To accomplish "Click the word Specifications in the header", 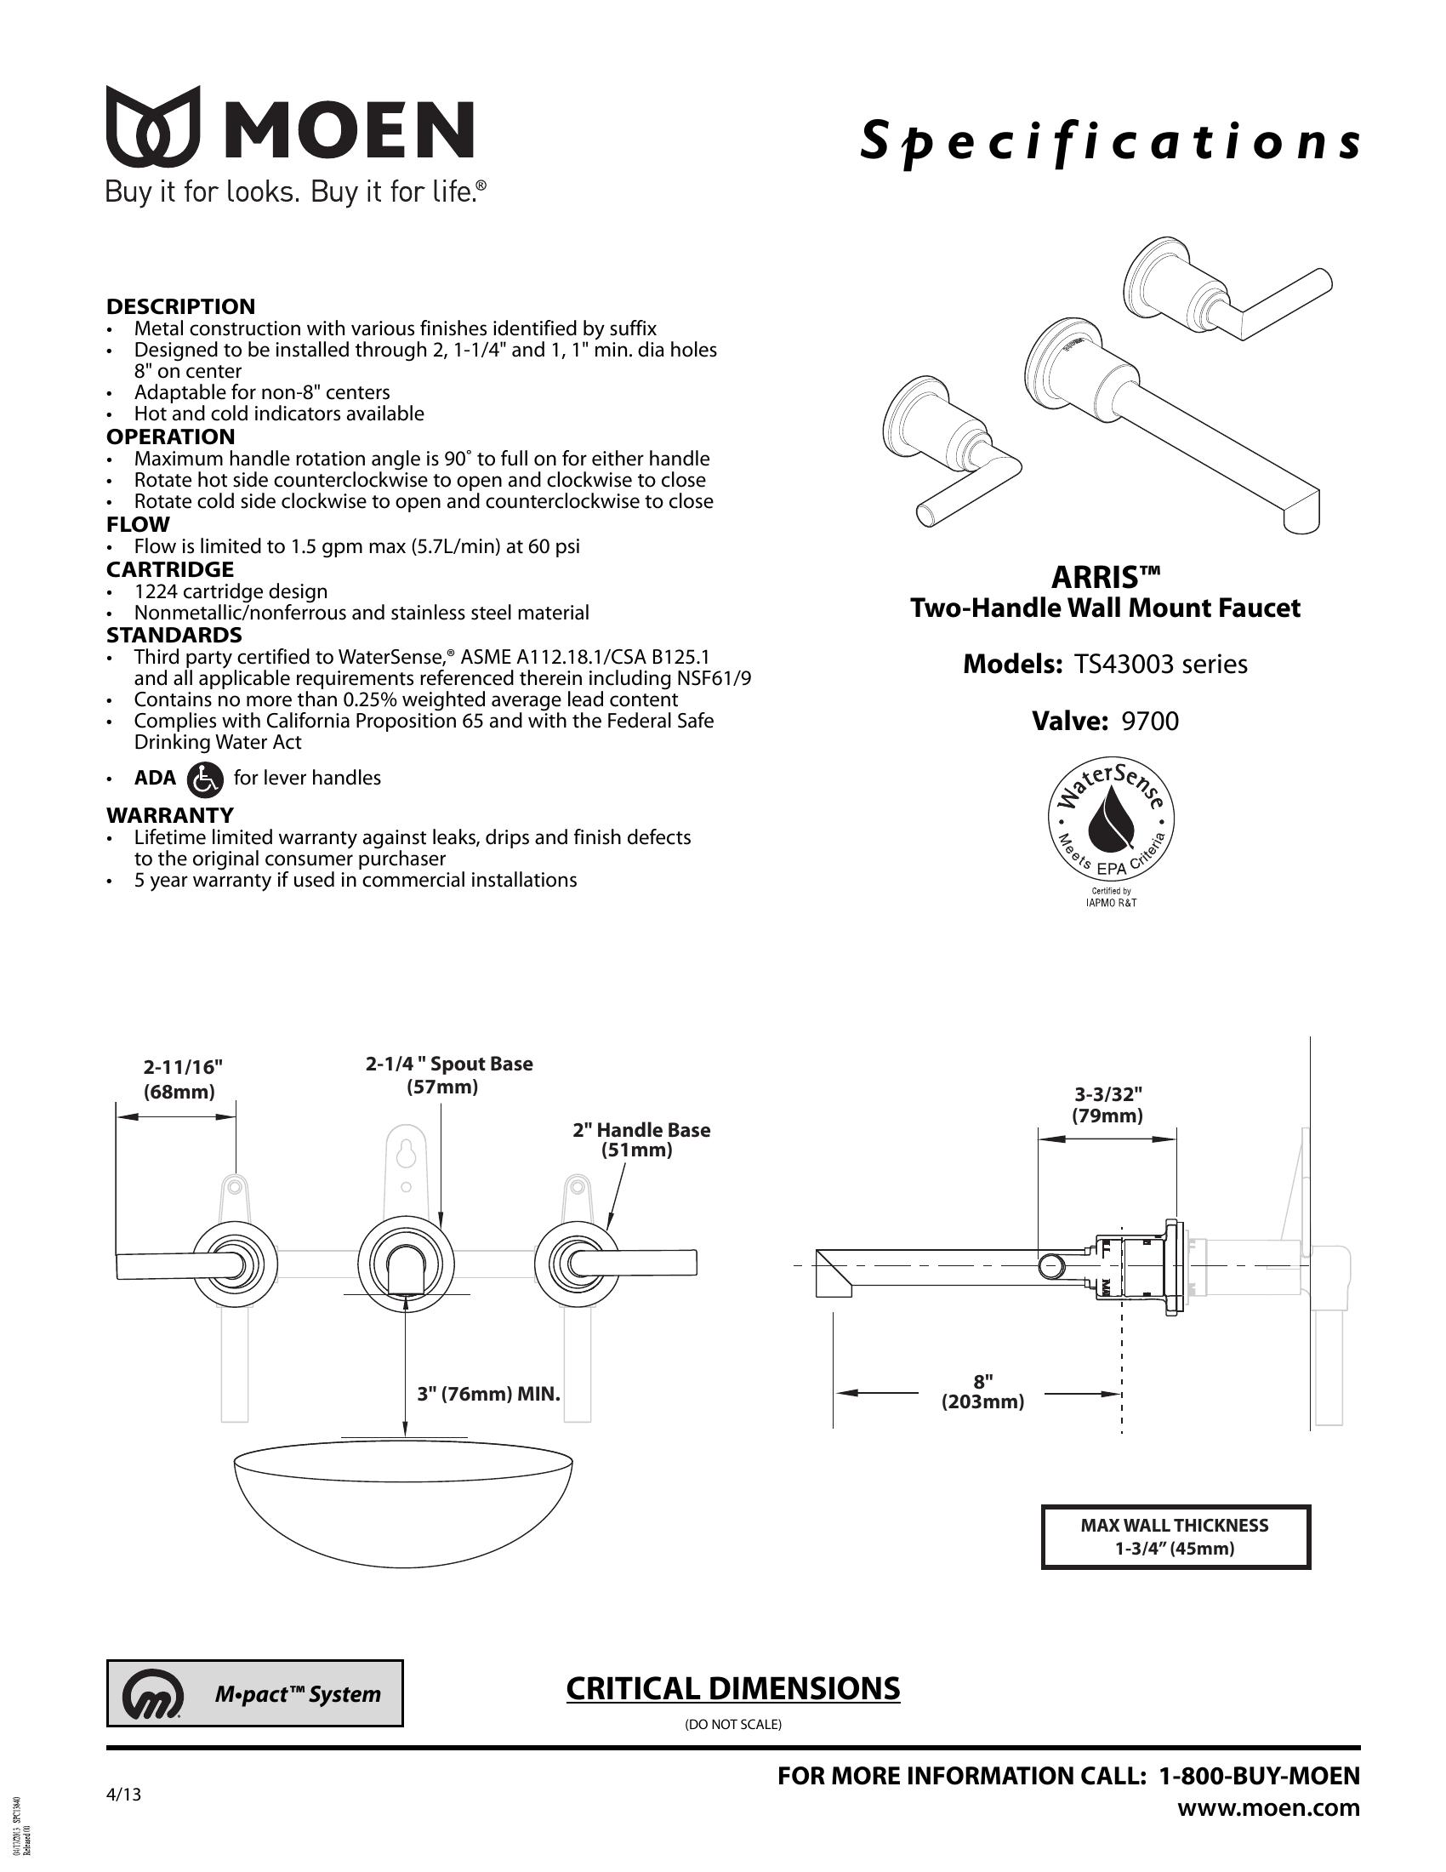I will (1109, 142).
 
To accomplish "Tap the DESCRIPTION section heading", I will (180, 306).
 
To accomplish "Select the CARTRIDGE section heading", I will (169, 569).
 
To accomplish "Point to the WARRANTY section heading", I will (169, 814).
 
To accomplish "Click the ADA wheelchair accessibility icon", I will (204, 779).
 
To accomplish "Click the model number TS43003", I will (1122, 665).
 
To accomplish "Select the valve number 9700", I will (1150, 721).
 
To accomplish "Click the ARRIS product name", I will (1105, 577).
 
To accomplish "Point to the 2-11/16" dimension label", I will (183, 1078).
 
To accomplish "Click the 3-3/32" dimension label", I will (1107, 1104).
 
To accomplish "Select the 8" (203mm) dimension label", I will (982, 1391).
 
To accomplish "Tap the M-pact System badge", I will (254, 1693).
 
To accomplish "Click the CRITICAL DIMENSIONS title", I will (732, 1688).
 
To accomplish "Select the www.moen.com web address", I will (1268, 1807).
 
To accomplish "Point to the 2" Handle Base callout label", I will (640, 1140).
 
